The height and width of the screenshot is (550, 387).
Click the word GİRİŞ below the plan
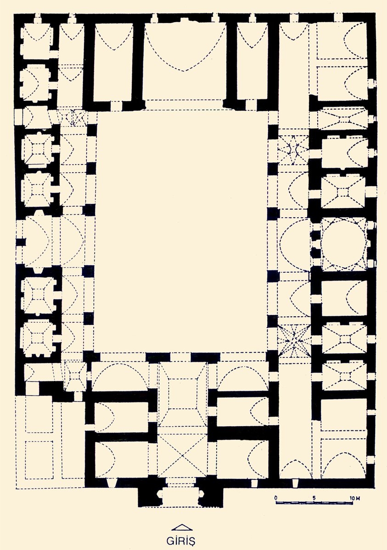[181, 541]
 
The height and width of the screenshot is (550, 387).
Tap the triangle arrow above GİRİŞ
[182, 528]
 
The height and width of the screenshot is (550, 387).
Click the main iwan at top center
[185, 61]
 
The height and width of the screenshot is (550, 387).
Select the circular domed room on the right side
[344, 243]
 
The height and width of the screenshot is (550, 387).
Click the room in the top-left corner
[37, 40]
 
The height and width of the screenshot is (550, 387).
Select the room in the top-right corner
[342, 40]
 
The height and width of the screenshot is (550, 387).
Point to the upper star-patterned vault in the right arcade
[293, 149]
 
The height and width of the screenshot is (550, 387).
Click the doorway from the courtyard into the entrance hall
[180, 357]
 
